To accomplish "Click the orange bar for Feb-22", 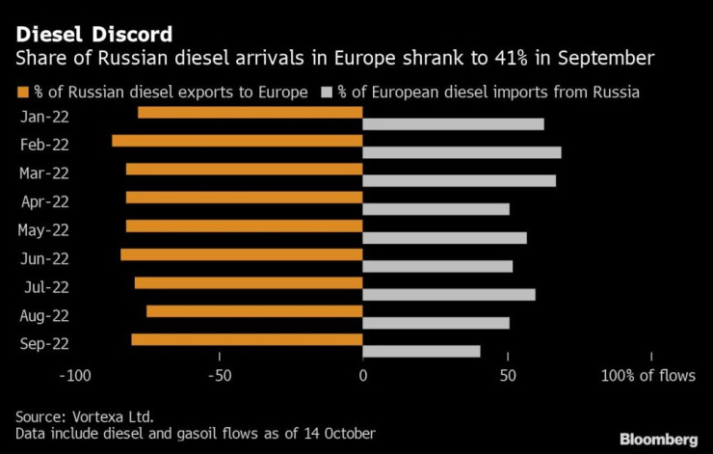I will [x=237, y=141].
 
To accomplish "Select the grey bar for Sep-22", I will [x=421, y=351].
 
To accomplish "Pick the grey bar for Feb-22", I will [x=462, y=152].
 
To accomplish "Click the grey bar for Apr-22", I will [x=436, y=209].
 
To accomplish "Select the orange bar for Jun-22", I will [x=241, y=254].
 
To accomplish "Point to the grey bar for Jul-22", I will [x=448, y=294].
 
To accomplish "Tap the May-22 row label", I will [x=43, y=230].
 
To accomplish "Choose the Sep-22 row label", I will [x=43, y=343].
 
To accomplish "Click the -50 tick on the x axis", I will [x=219, y=375].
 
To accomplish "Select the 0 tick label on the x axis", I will [x=362, y=375].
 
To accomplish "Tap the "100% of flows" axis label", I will [x=647, y=375].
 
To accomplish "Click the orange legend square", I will [x=22, y=93].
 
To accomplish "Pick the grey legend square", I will [x=327, y=93].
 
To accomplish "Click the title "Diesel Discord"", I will [x=93, y=35].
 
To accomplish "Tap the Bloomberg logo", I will [x=660, y=439].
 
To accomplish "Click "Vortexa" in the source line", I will [x=100, y=415].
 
